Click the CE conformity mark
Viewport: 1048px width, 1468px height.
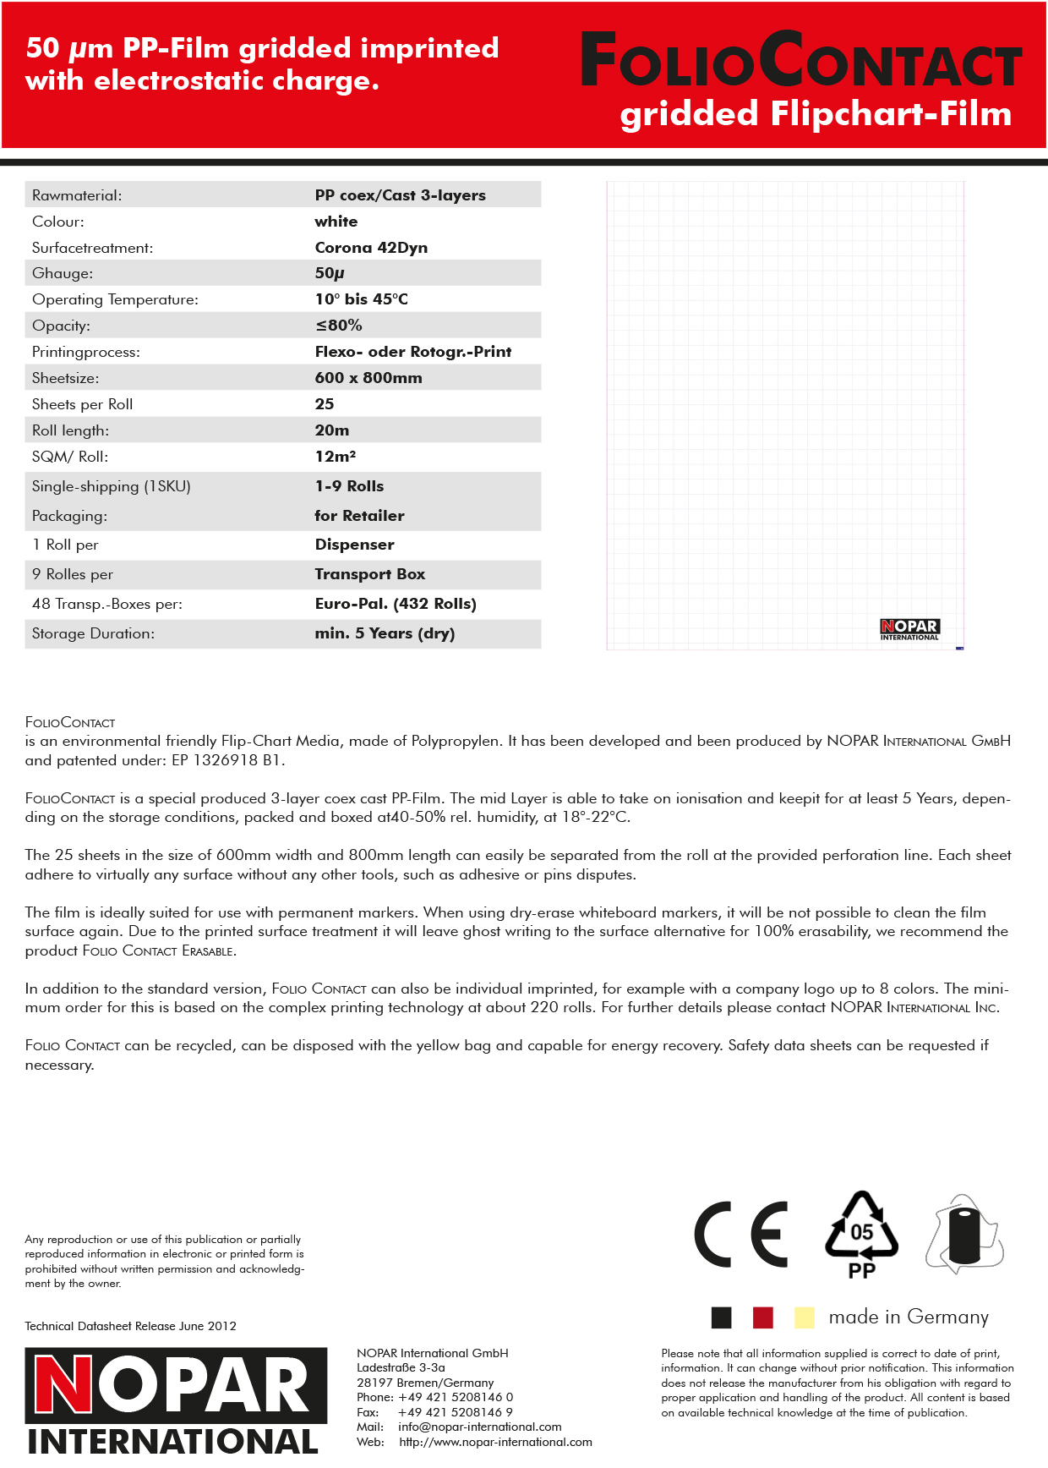[x=740, y=1234]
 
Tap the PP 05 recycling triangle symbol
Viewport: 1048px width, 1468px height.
[x=861, y=1235]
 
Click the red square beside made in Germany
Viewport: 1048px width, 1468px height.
[x=762, y=1317]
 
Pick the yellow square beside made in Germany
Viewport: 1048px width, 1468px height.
[x=804, y=1317]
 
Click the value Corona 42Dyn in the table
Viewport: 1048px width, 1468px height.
[x=371, y=248]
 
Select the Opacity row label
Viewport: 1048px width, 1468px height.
[x=61, y=326]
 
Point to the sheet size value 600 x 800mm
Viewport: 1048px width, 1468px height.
[x=368, y=378]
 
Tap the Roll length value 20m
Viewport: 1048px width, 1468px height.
[x=332, y=430]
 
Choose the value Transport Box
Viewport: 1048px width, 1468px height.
[x=370, y=574]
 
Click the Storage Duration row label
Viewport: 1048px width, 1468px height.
[x=93, y=633]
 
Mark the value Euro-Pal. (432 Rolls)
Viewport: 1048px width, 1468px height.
[x=396, y=604]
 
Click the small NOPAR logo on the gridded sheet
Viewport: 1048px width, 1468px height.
[x=909, y=629]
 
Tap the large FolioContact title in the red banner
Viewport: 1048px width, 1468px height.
[x=800, y=61]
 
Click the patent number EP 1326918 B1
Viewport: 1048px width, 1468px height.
[x=227, y=760]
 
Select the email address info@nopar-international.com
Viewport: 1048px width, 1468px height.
[x=479, y=1427]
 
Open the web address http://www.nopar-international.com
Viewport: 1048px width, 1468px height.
[x=495, y=1442]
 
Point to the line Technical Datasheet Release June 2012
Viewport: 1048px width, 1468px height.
[x=130, y=1326]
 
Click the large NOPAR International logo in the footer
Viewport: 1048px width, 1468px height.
[x=175, y=1400]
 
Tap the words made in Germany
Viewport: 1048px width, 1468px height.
[x=909, y=1317]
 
